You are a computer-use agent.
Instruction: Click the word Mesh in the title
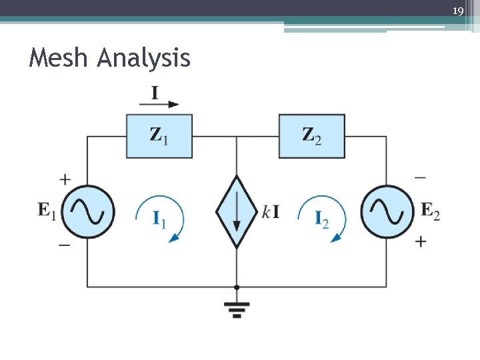(59, 59)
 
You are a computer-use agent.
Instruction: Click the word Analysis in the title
(143, 60)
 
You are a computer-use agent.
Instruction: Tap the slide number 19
(457, 11)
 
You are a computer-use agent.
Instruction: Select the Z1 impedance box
(159, 136)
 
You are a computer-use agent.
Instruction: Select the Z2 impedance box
(311, 136)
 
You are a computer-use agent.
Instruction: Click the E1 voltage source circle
(88, 211)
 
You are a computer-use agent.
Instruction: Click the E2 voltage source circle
(387, 211)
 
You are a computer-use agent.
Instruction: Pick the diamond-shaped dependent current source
(237, 212)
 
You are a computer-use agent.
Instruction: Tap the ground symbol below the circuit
(237, 307)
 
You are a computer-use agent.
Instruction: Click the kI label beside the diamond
(271, 213)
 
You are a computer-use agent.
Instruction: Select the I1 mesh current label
(159, 219)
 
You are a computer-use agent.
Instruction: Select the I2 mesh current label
(322, 219)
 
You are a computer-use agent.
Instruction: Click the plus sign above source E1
(65, 179)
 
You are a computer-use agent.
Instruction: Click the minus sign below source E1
(65, 245)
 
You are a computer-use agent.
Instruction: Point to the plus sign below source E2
(420, 241)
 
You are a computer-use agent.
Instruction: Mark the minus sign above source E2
(420, 178)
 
